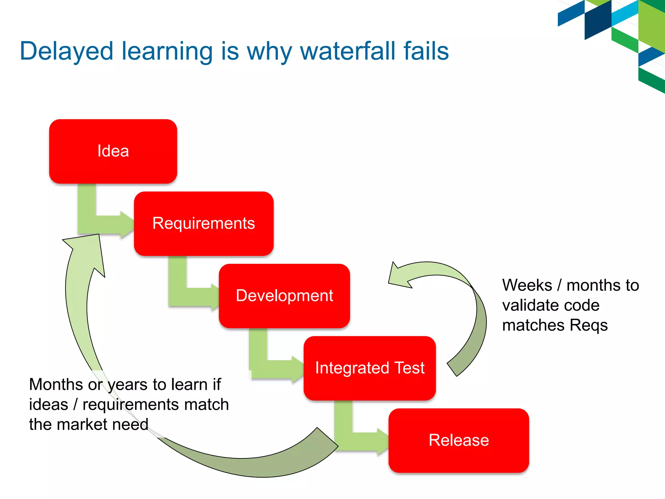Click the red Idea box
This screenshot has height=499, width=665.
[x=113, y=151]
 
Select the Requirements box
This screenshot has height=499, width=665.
[x=204, y=224]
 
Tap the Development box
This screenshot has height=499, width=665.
[x=284, y=296]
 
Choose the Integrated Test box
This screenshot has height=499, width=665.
[x=370, y=368]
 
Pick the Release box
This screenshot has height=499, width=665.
[x=458, y=441]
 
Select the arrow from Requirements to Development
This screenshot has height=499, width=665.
[x=185, y=292]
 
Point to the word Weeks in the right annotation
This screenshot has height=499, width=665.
[x=527, y=285]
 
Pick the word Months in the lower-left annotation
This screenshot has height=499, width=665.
[x=56, y=385]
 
